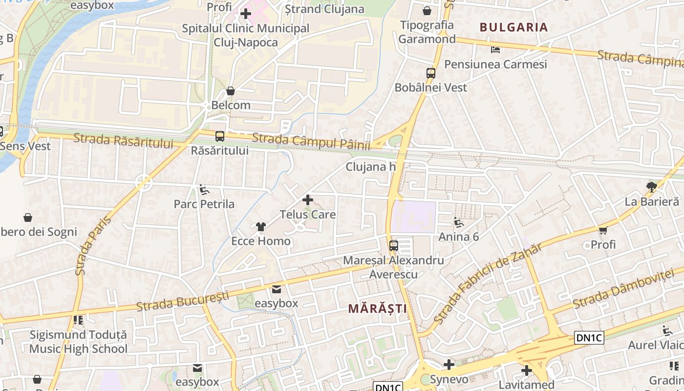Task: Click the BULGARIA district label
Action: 513,27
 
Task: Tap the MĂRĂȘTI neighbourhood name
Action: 377,308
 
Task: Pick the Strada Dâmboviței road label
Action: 627,288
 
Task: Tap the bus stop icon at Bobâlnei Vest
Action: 430,73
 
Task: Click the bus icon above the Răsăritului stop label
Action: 220,136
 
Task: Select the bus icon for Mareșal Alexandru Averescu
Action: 394,246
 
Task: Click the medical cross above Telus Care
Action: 308,200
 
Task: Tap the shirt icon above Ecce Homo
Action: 261,227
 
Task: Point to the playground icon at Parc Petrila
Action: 204,190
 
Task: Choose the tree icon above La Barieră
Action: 651,186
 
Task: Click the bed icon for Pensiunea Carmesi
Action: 495,50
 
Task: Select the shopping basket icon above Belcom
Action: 231,91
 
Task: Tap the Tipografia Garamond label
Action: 427,32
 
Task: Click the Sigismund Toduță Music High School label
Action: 78,342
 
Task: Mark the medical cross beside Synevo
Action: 449,365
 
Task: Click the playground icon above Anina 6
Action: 458,222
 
